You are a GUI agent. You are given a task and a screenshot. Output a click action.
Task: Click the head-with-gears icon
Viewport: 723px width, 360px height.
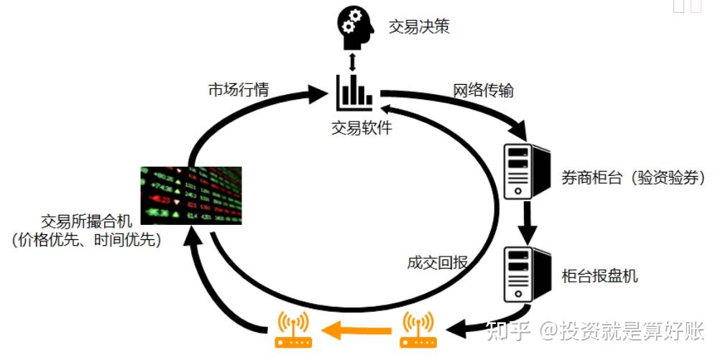356,29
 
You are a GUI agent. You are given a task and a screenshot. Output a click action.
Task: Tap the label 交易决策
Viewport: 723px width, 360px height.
419,27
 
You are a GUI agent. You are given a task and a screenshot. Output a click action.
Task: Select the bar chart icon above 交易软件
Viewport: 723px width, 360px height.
354,93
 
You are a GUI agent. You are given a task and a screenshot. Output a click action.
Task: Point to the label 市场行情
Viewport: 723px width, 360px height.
239,89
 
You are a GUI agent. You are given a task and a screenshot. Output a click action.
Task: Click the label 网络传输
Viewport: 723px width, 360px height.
483,91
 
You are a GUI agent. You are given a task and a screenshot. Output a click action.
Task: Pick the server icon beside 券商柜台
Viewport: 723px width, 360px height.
527,171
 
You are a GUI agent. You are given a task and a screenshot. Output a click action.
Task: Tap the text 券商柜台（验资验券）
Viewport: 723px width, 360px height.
633,178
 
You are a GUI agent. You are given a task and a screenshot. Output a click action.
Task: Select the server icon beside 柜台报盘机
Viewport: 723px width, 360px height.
527,274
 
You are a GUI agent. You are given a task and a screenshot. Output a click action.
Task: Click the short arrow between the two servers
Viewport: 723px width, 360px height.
528,223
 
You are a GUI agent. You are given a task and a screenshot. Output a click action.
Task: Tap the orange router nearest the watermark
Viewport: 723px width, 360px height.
418,329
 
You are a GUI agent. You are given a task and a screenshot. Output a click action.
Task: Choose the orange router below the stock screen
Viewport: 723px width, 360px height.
293,329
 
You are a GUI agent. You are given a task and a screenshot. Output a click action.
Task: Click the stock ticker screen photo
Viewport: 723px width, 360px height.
191,195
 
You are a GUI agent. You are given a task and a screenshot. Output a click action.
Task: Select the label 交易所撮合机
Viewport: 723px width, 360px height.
87,222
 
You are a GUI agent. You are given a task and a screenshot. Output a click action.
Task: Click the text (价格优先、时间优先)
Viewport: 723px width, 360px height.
86,240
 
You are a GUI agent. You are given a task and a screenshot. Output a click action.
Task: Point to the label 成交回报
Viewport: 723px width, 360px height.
438,262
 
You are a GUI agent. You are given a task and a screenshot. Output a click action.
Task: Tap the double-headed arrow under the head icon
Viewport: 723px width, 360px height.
353,62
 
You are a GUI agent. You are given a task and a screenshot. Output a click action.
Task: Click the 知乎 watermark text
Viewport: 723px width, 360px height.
507,331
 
